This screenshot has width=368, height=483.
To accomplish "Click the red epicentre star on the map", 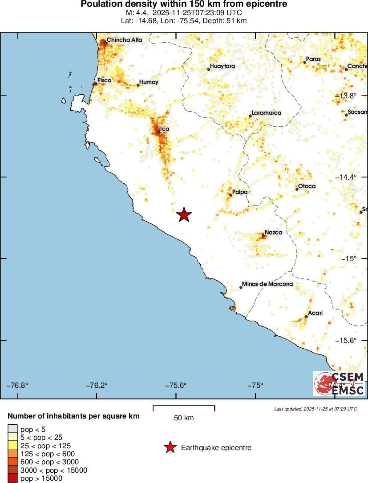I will pyautogui.click(x=184, y=215).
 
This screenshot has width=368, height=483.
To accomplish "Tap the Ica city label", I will pyautogui.click(x=165, y=129).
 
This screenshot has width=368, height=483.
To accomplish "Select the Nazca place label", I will pyautogui.click(x=273, y=232).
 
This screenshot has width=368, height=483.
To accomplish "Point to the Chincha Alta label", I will pyautogui.click(x=125, y=40).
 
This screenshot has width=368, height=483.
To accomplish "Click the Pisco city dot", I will pyautogui.click(x=95, y=84).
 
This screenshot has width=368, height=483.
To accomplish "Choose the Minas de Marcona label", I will pyautogui.click(x=267, y=284).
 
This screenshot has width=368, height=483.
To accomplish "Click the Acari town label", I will pyautogui.click(x=315, y=313).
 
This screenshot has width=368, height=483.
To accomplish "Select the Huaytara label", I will pyautogui.click(x=222, y=66).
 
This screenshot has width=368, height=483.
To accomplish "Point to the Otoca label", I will pyautogui.click(x=307, y=186).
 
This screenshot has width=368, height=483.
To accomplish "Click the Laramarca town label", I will pyautogui.click(x=267, y=113).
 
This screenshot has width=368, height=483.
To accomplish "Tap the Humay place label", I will pyautogui.click(x=149, y=82).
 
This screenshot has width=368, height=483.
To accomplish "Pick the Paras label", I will pyautogui.click(x=313, y=59).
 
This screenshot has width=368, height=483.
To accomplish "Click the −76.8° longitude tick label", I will pyautogui.click(x=18, y=385).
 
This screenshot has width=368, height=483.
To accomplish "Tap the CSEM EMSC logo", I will pyautogui.click(x=339, y=384).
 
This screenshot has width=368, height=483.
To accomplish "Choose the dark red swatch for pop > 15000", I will pyautogui.click(x=12, y=479).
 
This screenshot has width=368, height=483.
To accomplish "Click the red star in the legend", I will pyautogui.click(x=170, y=447).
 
